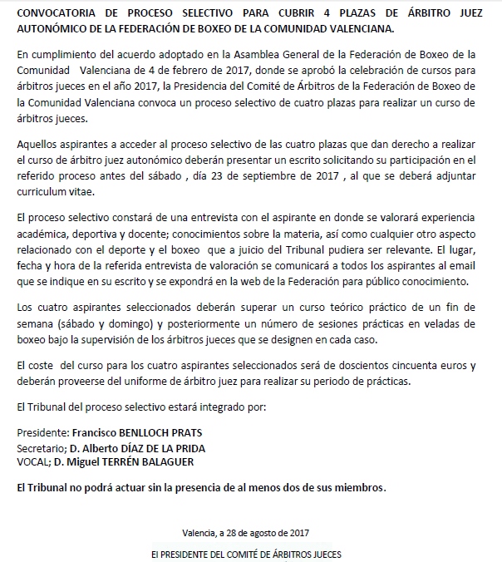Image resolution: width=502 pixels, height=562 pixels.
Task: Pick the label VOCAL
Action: [x=32, y=461]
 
